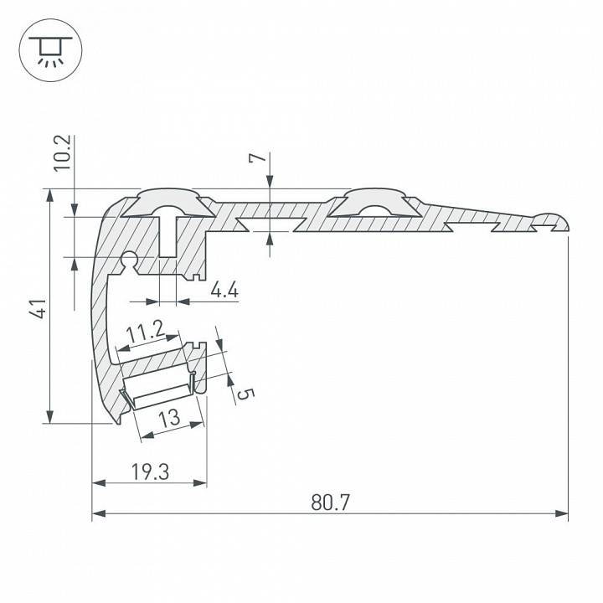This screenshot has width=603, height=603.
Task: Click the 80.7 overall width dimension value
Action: click(330, 502)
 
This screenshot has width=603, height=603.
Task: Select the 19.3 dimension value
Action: click(151, 472)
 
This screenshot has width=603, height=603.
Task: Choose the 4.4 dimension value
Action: click(224, 291)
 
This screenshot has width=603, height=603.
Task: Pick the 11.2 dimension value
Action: click(145, 334)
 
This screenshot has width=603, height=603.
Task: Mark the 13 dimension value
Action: click(169, 416)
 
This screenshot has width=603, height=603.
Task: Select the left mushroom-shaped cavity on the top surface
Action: click(169, 204)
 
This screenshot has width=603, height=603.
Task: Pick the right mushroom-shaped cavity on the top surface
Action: click(369, 203)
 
